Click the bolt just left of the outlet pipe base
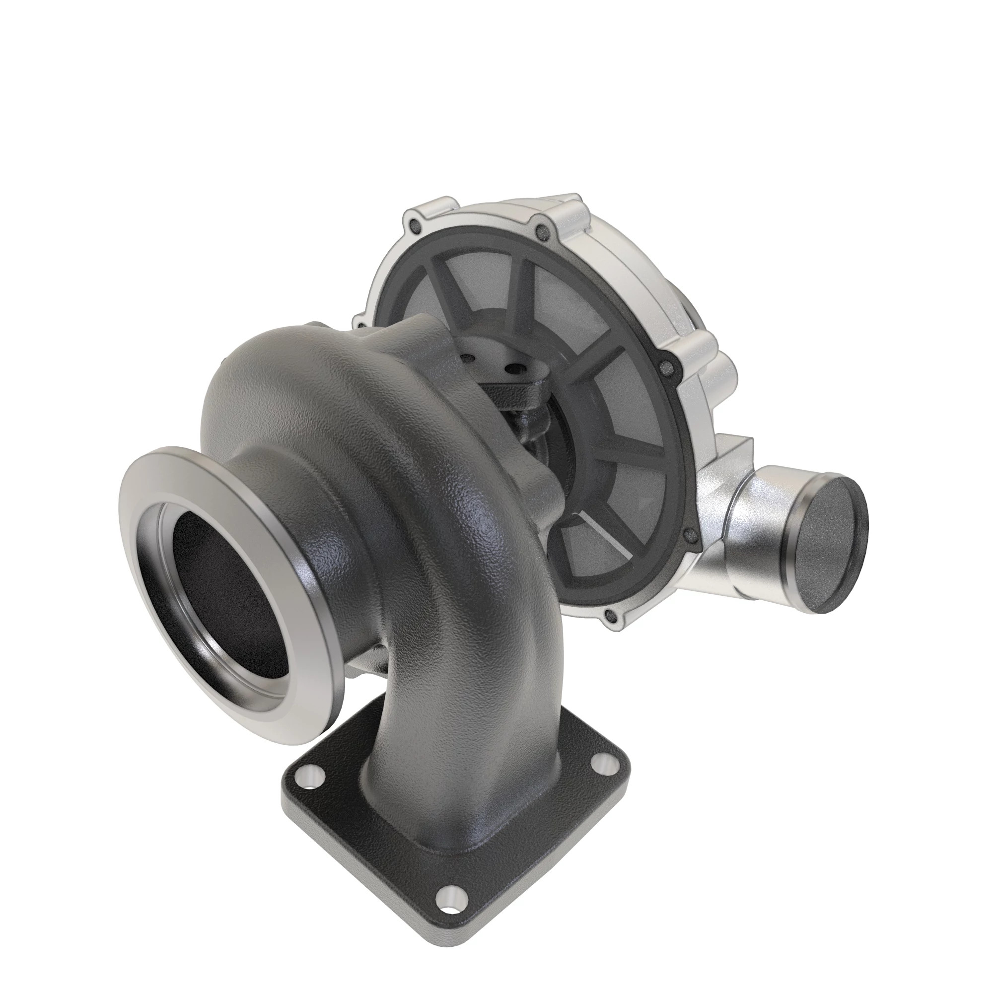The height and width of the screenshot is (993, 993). [x=690, y=538]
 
